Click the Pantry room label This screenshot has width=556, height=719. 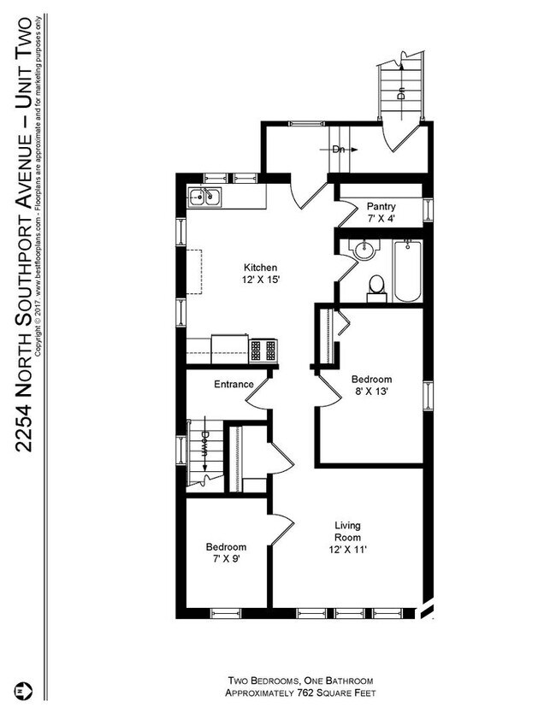pyautogui.click(x=381, y=206)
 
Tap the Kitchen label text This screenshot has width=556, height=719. pyautogui.click(x=261, y=267)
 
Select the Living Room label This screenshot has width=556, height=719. pyautogui.click(x=346, y=533)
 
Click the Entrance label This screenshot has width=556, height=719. pyautogui.click(x=233, y=385)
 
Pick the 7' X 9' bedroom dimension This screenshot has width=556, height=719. pyautogui.click(x=226, y=561)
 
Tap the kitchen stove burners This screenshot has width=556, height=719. pyautogui.click(x=263, y=349)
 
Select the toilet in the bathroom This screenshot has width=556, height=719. pyautogui.click(x=376, y=286)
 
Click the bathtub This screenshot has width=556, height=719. pyautogui.click(x=407, y=270)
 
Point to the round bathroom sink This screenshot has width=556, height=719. pyautogui.click(x=366, y=250)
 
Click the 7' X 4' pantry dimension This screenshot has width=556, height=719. pyautogui.click(x=381, y=219)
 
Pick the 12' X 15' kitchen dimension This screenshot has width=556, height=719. pyautogui.click(x=261, y=280)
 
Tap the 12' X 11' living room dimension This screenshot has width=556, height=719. pyautogui.click(x=346, y=551)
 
